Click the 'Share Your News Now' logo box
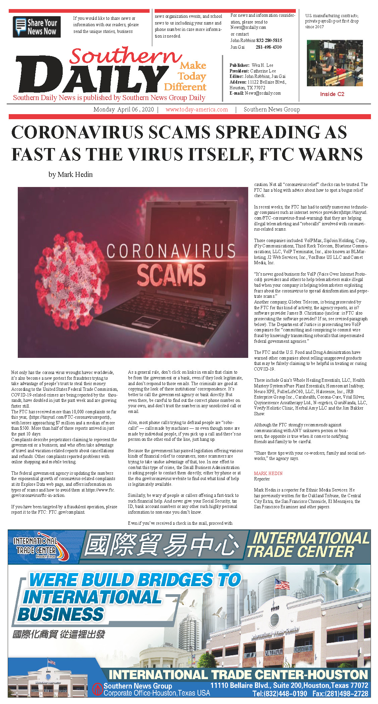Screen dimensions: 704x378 37,27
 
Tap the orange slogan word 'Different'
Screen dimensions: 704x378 185,87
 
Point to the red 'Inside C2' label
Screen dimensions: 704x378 332,94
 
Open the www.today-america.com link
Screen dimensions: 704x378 197,109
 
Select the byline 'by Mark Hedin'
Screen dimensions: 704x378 70,175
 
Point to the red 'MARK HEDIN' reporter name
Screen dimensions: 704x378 268,473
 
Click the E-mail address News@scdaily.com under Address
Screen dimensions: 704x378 263,93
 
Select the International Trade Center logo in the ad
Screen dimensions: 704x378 40,546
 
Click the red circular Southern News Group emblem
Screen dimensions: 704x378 98,689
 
